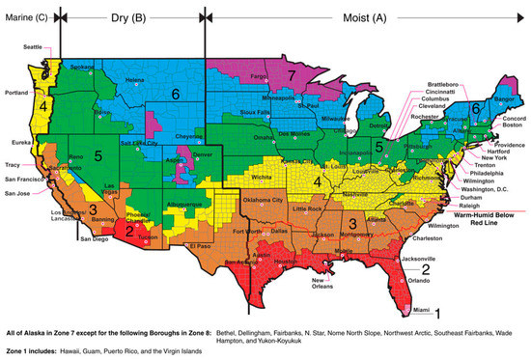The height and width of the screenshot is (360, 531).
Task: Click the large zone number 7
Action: pos(290,74)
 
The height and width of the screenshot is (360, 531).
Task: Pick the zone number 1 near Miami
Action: pos(436,313)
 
